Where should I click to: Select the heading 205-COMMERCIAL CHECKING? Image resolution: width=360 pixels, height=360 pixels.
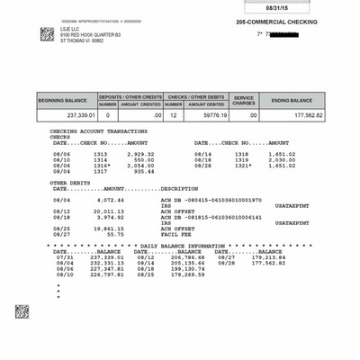coord(277,22)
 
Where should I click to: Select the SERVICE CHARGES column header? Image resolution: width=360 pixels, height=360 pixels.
coord(244,100)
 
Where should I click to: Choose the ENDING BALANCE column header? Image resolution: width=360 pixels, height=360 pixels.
coord(292,100)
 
